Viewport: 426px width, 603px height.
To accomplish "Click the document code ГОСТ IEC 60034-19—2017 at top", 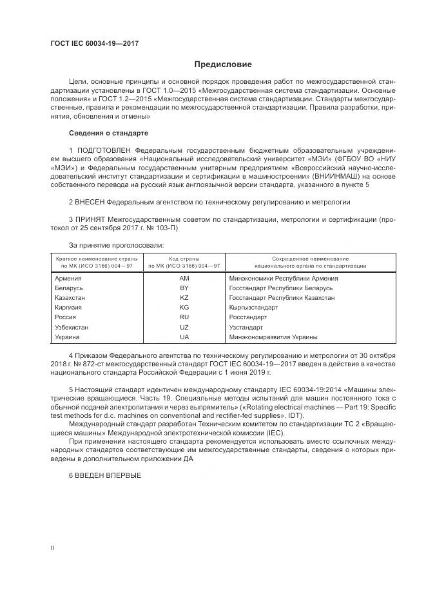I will pos(94,43).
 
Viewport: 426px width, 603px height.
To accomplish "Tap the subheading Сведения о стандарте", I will pos(108,133).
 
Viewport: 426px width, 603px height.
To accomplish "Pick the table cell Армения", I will pos(68,278).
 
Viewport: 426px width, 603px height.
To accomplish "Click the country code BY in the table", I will pos(184,288).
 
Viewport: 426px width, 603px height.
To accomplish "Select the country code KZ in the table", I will pos(184,297).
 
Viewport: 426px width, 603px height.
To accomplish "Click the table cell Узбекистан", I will pos(72,327).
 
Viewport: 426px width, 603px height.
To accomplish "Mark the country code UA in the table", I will pos(184,337).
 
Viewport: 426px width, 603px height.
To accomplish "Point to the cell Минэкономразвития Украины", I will pos(273,337).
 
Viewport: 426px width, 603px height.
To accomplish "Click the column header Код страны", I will pos(184,259).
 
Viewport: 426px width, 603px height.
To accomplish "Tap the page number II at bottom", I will pos(52,548).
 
